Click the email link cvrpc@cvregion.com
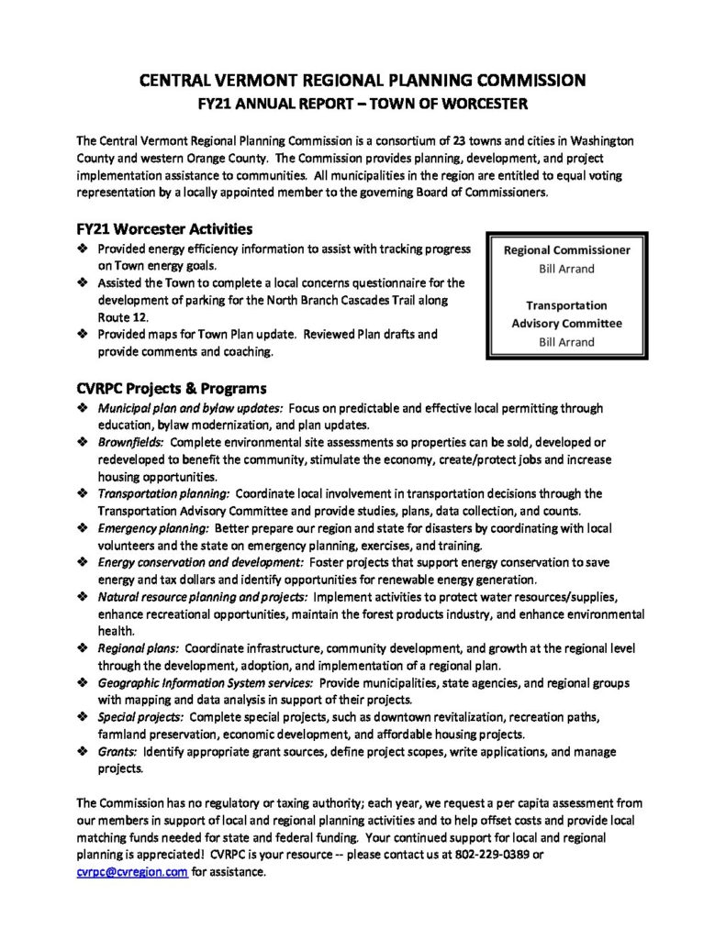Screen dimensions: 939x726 pyautogui.click(x=133, y=872)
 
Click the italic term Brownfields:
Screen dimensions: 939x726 pyautogui.click(x=131, y=442)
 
